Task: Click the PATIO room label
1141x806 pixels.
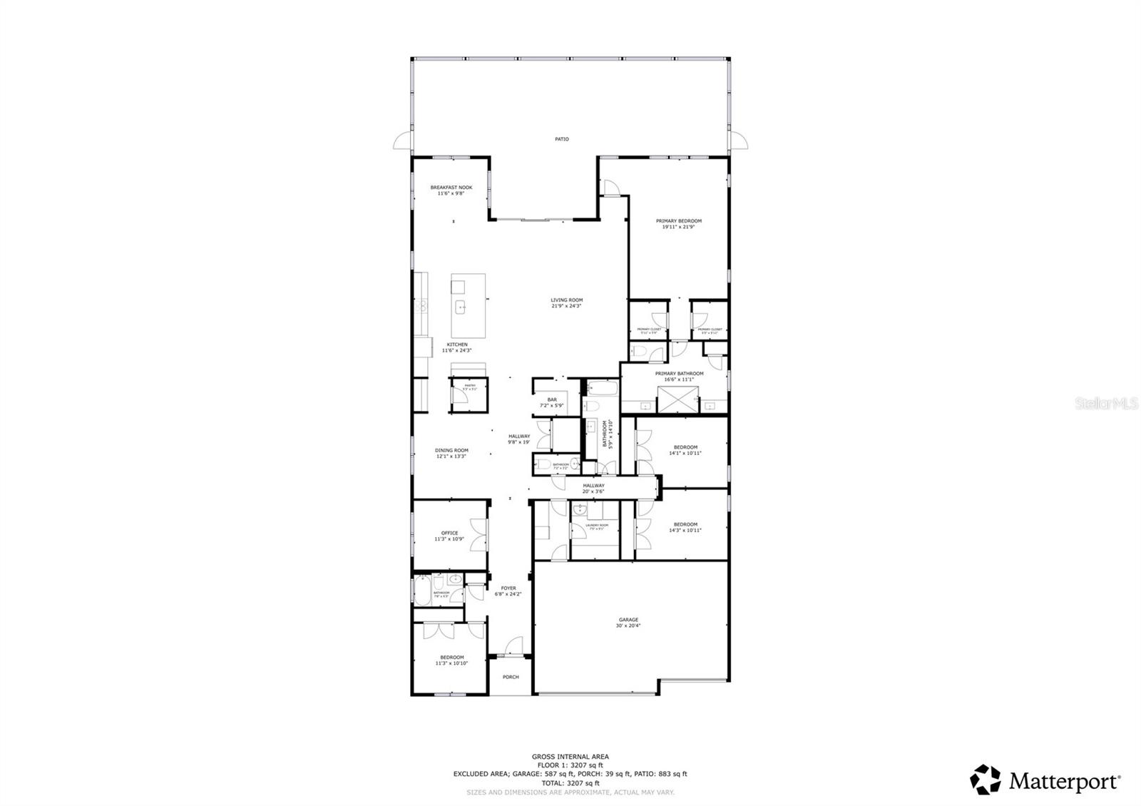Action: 562,139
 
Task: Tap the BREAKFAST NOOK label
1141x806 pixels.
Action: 451,188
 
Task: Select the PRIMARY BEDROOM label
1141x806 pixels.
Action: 678,221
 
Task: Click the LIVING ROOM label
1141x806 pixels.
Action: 566,300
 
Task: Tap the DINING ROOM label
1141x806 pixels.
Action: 451,450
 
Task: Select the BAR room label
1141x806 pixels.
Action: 551,399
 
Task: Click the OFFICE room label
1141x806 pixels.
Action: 449,533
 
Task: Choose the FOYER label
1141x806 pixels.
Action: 508,588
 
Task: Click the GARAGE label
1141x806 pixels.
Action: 628,620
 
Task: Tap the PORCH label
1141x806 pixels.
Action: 510,677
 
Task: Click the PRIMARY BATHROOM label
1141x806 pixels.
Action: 679,373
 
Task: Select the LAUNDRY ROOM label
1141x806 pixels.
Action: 596,525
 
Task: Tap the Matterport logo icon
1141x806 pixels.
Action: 986,779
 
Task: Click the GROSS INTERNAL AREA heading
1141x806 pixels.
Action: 570,756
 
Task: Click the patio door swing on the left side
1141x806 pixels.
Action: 401,141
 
